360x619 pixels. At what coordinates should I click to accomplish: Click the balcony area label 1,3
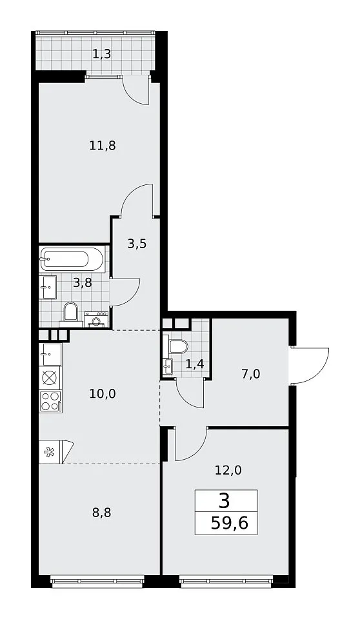[x=101, y=54]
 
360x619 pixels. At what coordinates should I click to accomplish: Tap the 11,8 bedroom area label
[x=103, y=146]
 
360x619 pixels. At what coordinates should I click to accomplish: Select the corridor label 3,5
[x=137, y=244]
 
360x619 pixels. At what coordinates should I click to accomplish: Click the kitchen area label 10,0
[x=103, y=393]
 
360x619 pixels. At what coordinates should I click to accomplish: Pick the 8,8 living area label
[x=101, y=513]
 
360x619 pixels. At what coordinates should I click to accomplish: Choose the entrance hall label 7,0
[x=250, y=373]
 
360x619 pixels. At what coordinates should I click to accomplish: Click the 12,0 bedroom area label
[x=228, y=470]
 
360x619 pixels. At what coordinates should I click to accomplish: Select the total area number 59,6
[x=229, y=524]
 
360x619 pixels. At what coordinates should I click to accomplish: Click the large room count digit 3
[x=225, y=502]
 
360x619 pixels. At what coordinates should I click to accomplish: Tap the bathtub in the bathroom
[x=72, y=259]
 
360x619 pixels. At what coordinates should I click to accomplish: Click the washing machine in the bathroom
[x=96, y=319]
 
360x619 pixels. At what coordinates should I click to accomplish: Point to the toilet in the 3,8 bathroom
[x=71, y=313]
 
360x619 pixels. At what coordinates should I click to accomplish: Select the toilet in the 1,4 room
[x=178, y=346]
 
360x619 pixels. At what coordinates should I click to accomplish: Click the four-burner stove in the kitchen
[x=50, y=401]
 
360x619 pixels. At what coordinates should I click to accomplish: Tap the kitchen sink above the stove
[x=50, y=355]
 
